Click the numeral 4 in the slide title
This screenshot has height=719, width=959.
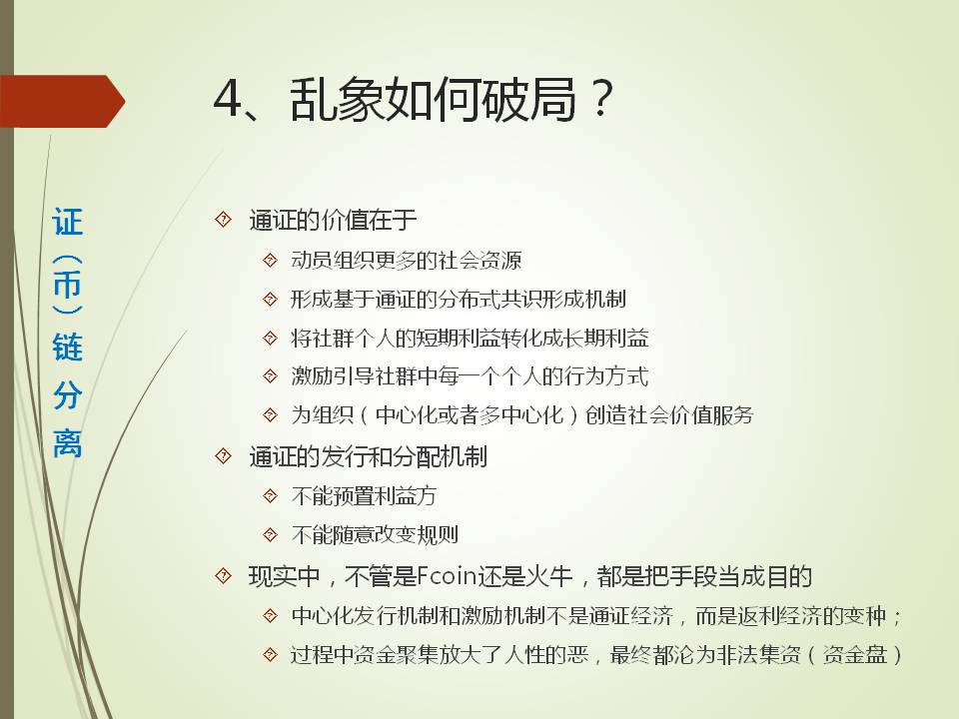[228, 100]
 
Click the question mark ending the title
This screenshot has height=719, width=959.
[601, 98]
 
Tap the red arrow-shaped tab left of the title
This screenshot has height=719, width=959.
[62, 102]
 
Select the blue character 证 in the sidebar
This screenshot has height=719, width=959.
[67, 222]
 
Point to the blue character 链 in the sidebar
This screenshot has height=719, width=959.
[67, 347]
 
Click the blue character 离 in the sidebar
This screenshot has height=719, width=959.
[67, 443]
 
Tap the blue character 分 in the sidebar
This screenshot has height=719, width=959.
[67, 395]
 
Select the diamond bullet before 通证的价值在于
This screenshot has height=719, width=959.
[224, 219]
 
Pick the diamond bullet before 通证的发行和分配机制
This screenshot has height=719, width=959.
[224, 456]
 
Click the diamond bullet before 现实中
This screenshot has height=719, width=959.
[224, 576]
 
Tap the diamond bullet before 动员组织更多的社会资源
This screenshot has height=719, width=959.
[271, 261]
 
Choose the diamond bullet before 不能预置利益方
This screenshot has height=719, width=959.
[271, 496]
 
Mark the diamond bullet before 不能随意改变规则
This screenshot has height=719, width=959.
[271, 535]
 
